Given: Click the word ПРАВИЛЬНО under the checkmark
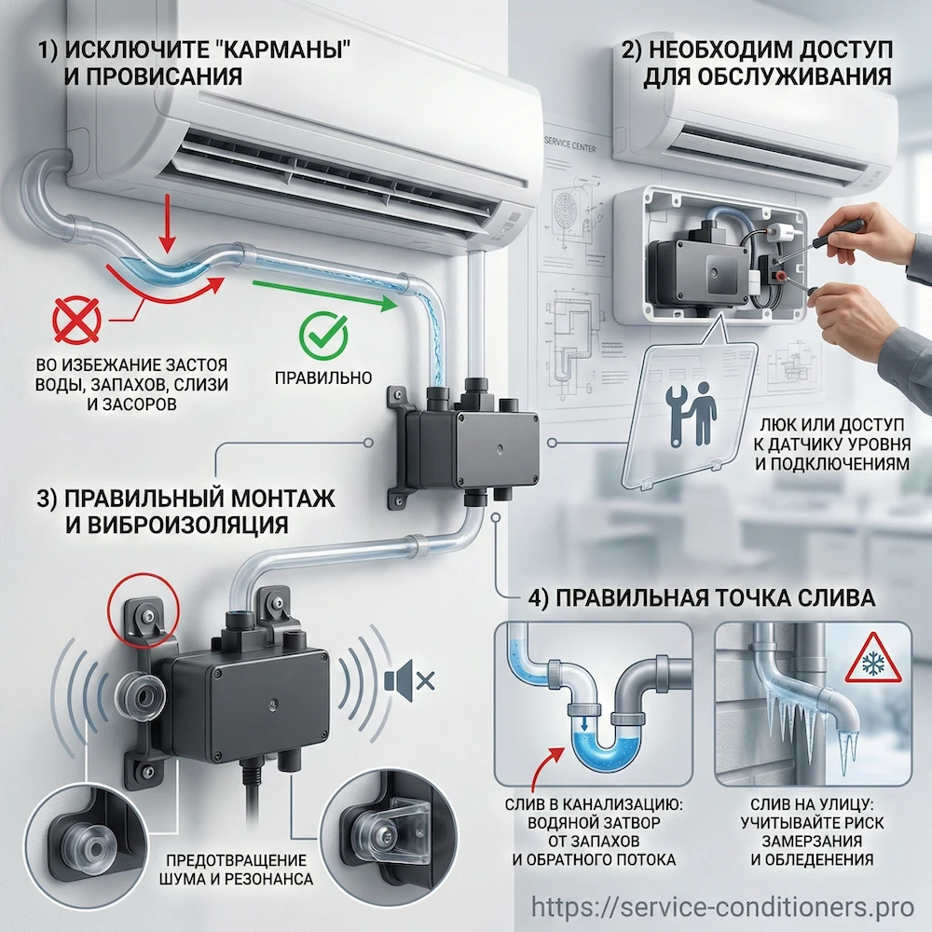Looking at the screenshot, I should click(324, 377).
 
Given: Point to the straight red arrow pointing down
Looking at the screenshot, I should click(167, 219).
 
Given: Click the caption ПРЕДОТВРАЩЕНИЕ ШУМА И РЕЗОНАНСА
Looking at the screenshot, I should click(237, 869).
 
